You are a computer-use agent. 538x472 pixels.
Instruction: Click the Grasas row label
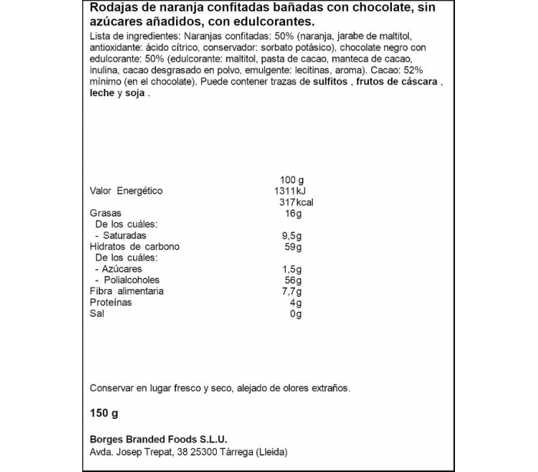point(106,213)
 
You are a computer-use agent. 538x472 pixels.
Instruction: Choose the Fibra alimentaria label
point(127,291)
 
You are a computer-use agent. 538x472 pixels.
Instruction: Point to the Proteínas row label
point(111,303)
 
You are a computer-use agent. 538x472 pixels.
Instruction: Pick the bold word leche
point(102,93)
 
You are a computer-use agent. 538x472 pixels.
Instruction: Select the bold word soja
point(135,93)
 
